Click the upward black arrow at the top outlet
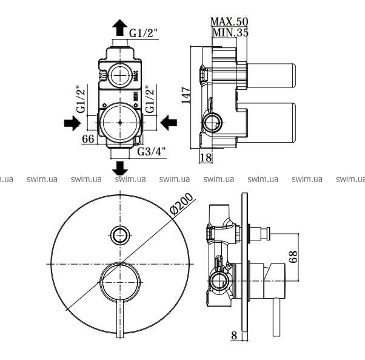click(x=119, y=27)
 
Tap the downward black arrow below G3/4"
click(x=120, y=168)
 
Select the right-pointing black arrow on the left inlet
click(x=72, y=123)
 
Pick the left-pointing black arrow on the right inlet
click(x=169, y=123)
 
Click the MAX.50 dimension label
click(x=229, y=22)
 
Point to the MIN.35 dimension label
click(x=230, y=32)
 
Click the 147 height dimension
click(x=186, y=95)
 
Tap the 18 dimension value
click(x=206, y=157)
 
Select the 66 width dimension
click(x=89, y=139)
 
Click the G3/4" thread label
click(x=152, y=152)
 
